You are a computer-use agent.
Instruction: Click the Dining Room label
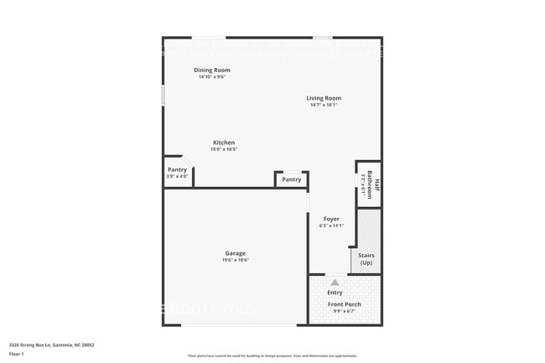(x=211, y=70)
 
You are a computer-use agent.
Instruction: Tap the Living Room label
(x=323, y=98)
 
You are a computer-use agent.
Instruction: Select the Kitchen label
(x=223, y=143)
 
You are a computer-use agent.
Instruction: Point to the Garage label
(x=235, y=253)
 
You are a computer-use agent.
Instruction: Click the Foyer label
(x=331, y=219)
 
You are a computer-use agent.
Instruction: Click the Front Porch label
(x=344, y=304)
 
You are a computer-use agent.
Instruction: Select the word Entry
(x=335, y=293)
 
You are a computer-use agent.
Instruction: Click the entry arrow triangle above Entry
(x=335, y=283)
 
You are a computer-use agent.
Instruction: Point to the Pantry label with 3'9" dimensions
(x=177, y=170)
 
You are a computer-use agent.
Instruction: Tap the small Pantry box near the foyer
(x=291, y=179)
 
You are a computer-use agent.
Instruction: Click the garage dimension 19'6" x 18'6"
(x=235, y=260)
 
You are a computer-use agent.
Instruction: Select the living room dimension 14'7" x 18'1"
(x=323, y=105)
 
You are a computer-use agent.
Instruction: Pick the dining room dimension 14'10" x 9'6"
(x=211, y=76)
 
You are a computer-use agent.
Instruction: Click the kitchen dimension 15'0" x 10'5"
(x=223, y=149)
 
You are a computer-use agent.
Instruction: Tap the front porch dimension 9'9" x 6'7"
(x=344, y=311)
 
